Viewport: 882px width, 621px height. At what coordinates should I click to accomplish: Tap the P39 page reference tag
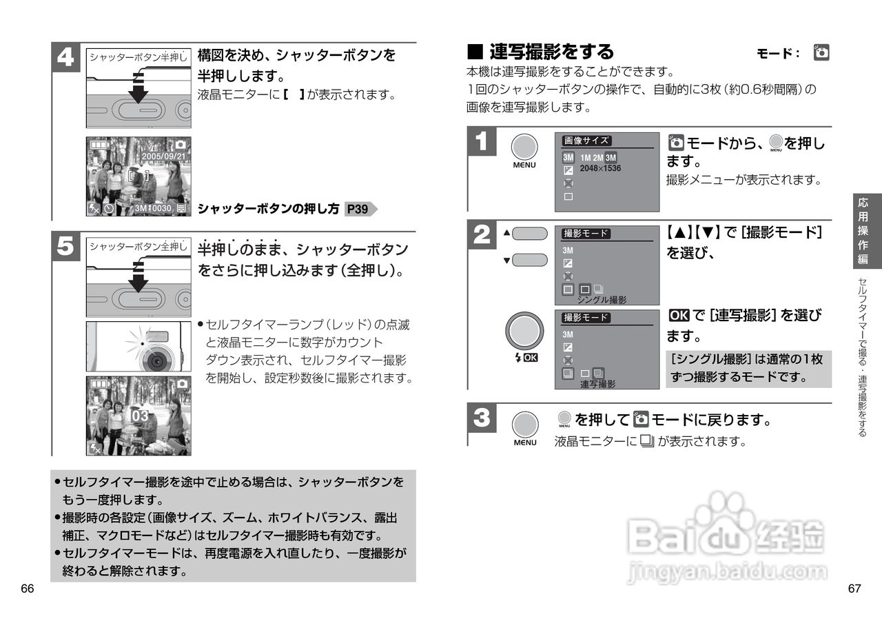[x=358, y=209]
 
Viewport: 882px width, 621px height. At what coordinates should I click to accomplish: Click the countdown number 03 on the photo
[x=140, y=416]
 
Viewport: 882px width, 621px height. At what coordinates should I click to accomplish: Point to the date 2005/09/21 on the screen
[x=163, y=156]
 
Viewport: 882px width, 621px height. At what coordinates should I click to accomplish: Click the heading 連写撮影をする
[x=551, y=52]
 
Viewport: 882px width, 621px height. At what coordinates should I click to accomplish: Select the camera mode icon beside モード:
[x=821, y=52]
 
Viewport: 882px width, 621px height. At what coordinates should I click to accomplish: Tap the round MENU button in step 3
[x=524, y=424]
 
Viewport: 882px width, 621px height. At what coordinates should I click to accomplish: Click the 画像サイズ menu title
[x=586, y=141]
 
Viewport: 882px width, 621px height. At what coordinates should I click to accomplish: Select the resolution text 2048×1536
[x=600, y=168]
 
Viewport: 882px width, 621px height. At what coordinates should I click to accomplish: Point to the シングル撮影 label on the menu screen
[x=602, y=300]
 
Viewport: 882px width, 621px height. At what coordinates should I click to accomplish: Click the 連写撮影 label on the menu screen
[x=597, y=384]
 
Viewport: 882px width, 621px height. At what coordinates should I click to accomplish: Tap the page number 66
[x=28, y=589]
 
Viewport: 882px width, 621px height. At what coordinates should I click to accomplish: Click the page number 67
[x=854, y=589]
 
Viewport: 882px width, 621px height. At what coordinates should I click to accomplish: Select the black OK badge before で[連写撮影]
[x=679, y=316]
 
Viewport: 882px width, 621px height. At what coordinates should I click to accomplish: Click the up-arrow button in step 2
[x=529, y=234]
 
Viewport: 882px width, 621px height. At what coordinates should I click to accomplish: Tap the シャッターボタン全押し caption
[x=138, y=246]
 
